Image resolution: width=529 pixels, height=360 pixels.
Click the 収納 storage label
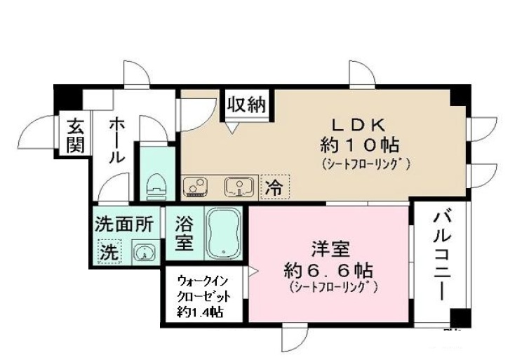[x=246, y=106]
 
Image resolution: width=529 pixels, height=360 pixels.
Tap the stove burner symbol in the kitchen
[x=195, y=187]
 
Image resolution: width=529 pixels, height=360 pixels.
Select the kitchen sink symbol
[x=237, y=187]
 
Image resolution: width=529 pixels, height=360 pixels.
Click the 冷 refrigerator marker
[x=274, y=187]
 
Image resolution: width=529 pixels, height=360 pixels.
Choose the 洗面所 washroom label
[x=123, y=225]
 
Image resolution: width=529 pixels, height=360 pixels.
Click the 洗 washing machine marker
[x=109, y=250]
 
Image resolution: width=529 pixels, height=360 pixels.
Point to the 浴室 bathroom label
[x=184, y=235]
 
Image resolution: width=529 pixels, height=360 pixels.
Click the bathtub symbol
[x=224, y=233]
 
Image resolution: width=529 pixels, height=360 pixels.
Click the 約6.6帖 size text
[x=328, y=270]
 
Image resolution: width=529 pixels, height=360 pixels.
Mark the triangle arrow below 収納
[x=233, y=128]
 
